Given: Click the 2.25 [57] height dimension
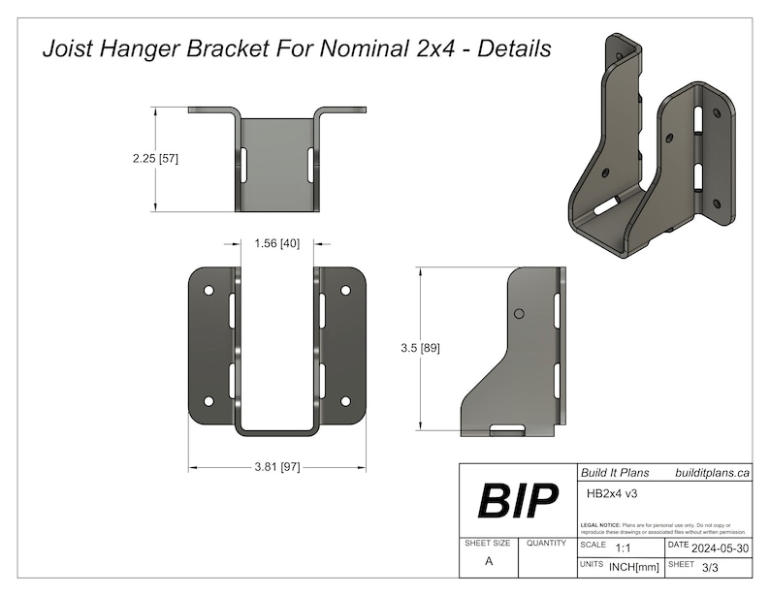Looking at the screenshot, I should pyautogui.click(x=155, y=158).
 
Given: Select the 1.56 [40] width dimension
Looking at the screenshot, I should pyautogui.click(x=275, y=243).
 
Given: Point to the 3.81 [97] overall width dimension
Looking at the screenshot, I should pyautogui.click(x=276, y=467).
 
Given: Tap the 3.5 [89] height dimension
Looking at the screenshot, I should pyautogui.click(x=421, y=347).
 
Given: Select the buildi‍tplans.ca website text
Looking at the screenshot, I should pyautogui.click(x=712, y=473).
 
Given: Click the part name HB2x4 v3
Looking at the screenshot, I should pyautogui.click(x=612, y=492).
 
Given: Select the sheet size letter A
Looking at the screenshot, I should pyautogui.click(x=489, y=561).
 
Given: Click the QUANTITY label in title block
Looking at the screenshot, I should pyautogui.click(x=547, y=544).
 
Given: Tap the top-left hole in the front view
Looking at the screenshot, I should pyautogui.click(x=208, y=290).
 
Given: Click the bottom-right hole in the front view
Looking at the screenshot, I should pyautogui.click(x=345, y=400).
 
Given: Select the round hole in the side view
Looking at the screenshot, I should pyautogui.click(x=519, y=314).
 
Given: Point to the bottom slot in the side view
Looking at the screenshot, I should pyautogui.click(x=503, y=427).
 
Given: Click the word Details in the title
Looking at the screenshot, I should pyautogui.click(x=511, y=49).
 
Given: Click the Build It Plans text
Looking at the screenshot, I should pyautogui.click(x=613, y=473).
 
